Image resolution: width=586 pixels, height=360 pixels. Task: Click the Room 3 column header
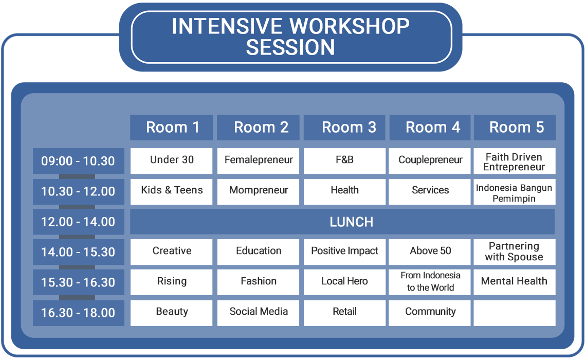pyautogui.click(x=344, y=128)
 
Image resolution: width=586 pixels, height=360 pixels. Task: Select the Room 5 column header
pyautogui.click(x=515, y=128)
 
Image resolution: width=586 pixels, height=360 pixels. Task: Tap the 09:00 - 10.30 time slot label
pyautogui.click(x=79, y=161)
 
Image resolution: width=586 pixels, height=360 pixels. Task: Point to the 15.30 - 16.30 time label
pyautogui.click(x=79, y=282)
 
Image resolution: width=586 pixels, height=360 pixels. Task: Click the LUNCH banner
pyautogui.click(x=342, y=222)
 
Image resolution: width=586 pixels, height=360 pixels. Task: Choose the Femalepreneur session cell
pyautogui.click(x=258, y=161)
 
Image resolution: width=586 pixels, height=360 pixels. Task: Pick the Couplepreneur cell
pyautogui.click(x=429, y=161)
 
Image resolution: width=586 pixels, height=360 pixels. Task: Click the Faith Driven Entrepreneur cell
pyautogui.click(x=515, y=161)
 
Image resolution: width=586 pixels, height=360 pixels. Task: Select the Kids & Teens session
pyautogui.click(x=172, y=191)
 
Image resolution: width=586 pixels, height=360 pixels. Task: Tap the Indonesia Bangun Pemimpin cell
pyautogui.click(x=515, y=191)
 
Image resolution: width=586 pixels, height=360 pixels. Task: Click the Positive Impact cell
pyautogui.click(x=344, y=252)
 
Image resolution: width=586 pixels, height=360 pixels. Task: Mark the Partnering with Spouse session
pyautogui.click(x=515, y=252)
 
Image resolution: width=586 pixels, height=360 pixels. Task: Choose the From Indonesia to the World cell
pyautogui.click(x=429, y=282)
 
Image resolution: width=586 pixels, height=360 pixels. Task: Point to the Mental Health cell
pyautogui.click(x=515, y=282)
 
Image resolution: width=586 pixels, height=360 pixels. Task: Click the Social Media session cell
pyautogui.click(x=258, y=313)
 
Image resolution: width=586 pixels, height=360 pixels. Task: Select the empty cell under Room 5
pyautogui.click(x=515, y=313)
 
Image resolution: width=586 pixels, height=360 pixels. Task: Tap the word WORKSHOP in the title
pyautogui.click(x=350, y=26)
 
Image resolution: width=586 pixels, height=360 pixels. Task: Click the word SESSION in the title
pyautogui.click(x=290, y=47)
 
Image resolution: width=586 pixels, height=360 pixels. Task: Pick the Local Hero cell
pyautogui.click(x=344, y=282)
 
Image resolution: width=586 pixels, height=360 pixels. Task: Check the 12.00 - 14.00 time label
pyautogui.click(x=79, y=222)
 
